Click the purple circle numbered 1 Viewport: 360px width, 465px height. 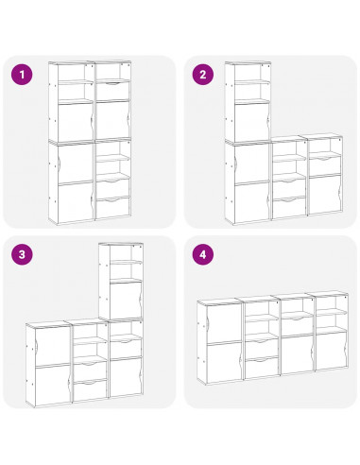tap(24, 74)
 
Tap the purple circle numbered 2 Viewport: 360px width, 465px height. tap(201, 74)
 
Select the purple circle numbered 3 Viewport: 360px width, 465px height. tap(24, 254)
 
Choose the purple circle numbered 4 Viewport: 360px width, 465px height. tap(201, 254)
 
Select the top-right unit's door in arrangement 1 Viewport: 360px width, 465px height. tap(113, 119)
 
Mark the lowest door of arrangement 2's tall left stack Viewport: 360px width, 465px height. tap(247, 200)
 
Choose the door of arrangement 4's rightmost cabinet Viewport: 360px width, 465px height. tap(329, 353)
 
